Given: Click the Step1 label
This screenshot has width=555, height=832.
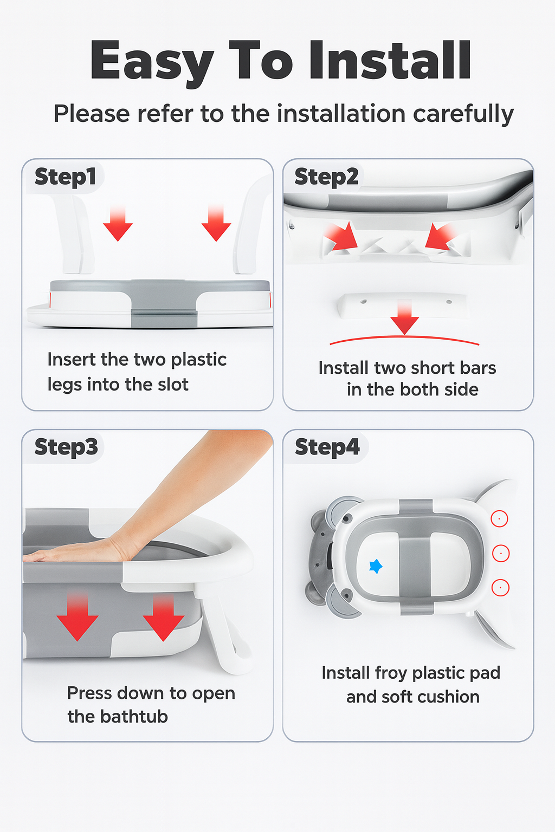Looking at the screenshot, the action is click(x=66, y=177).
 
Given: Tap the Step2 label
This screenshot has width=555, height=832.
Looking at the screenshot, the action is click(x=326, y=177).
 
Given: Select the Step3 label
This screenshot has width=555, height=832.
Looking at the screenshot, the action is click(x=66, y=447).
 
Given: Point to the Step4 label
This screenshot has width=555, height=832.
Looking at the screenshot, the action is click(x=327, y=447).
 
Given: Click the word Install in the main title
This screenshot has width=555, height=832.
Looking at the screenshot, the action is click(x=390, y=60).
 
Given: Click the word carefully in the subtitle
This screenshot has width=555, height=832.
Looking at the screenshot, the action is click(x=463, y=114).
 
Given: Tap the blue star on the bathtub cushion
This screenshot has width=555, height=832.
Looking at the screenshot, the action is click(x=376, y=567).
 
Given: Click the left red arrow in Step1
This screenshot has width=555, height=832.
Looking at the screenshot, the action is click(x=118, y=224).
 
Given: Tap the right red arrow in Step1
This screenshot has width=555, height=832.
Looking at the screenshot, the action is click(x=216, y=224).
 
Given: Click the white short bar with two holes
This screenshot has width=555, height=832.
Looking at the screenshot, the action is click(x=404, y=305).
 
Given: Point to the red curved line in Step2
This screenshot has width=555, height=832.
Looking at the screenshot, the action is click(x=404, y=337).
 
